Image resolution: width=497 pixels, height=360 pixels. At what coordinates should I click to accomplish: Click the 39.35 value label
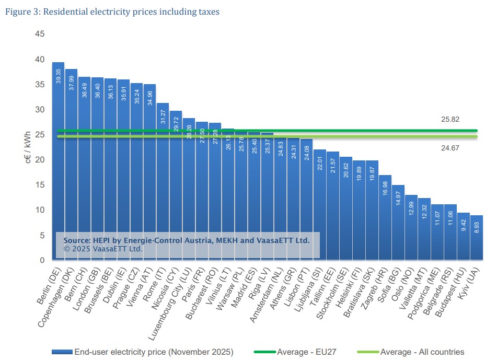[59, 76]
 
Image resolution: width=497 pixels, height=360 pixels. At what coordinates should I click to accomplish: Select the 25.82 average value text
[450, 120]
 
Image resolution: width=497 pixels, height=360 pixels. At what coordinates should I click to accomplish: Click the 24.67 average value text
[450, 148]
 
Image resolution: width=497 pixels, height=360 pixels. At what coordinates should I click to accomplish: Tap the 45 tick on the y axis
[40, 34]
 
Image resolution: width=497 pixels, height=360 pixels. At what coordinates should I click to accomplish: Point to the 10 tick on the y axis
[40, 210]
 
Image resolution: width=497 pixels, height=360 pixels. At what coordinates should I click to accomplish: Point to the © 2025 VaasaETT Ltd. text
[103, 249]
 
